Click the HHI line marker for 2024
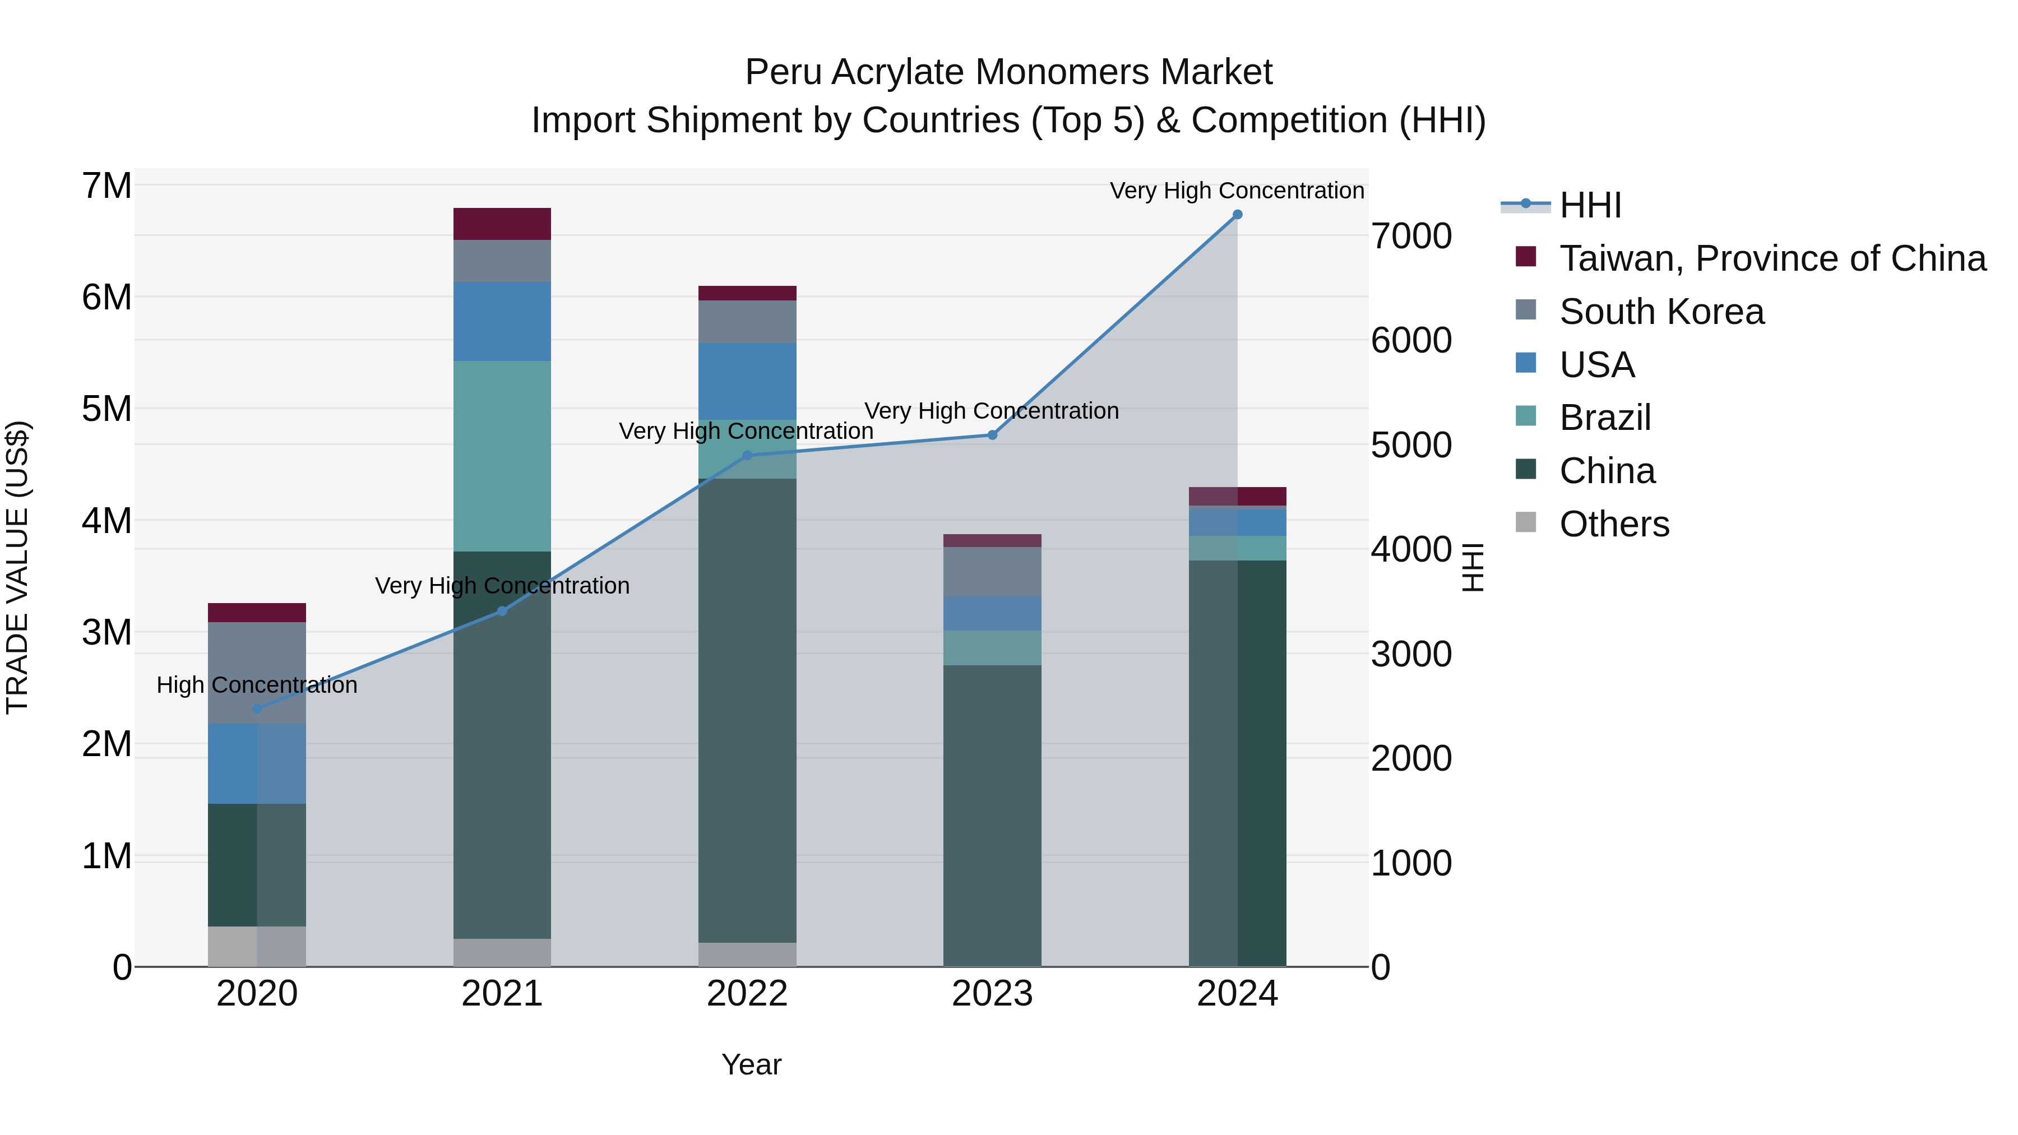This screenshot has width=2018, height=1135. coord(1237,214)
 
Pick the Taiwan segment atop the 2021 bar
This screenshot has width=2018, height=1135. coord(502,224)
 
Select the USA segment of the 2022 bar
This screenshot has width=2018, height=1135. coord(747,382)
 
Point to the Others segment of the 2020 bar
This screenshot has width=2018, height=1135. coord(257,946)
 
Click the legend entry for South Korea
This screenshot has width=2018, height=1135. coord(1661,312)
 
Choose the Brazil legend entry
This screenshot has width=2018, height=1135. coord(1604,418)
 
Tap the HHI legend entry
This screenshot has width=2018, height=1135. coord(1590,205)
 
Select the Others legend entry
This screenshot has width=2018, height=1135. coord(1614,524)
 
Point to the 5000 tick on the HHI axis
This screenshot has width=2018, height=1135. coord(1411,445)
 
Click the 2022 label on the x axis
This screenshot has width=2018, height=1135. coord(747,994)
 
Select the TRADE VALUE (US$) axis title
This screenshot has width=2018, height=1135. coord(18,567)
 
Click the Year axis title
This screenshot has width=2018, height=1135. coord(751,1064)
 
